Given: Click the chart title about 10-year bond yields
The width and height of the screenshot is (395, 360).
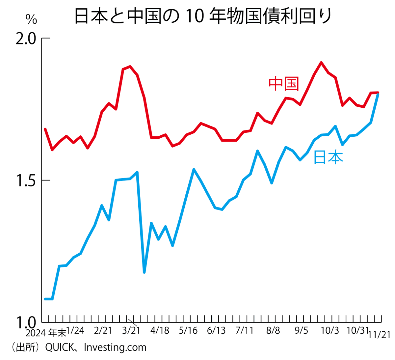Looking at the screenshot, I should [202, 16].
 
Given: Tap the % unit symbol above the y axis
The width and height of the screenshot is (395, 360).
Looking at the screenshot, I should [31, 20].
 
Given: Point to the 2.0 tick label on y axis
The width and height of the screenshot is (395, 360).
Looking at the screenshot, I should [26, 39].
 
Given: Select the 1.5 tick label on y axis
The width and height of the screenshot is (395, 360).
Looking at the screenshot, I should [26, 181].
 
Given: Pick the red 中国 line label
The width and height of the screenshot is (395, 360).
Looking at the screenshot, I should [284, 84].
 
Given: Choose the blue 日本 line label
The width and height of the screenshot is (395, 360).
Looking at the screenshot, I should [328, 157].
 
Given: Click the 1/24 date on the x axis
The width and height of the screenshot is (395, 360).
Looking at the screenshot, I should [75, 331].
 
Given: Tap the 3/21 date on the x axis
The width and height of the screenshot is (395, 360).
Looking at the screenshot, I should [131, 331].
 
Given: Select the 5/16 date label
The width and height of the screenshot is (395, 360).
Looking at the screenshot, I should [188, 331].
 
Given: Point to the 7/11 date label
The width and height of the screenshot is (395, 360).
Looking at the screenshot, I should [245, 331].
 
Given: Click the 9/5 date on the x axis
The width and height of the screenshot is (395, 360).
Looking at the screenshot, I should [301, 331].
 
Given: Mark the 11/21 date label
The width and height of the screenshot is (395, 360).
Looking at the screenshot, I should [379, 335].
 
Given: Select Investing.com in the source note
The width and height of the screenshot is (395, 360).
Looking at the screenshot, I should [115, 347].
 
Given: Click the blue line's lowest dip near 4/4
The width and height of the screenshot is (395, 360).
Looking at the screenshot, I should [144, 272].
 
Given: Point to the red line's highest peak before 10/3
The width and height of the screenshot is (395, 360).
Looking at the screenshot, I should [321, 63].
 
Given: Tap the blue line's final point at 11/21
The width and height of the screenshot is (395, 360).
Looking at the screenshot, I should [378, 95].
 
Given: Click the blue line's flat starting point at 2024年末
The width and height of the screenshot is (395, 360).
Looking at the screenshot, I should [48, 299].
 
